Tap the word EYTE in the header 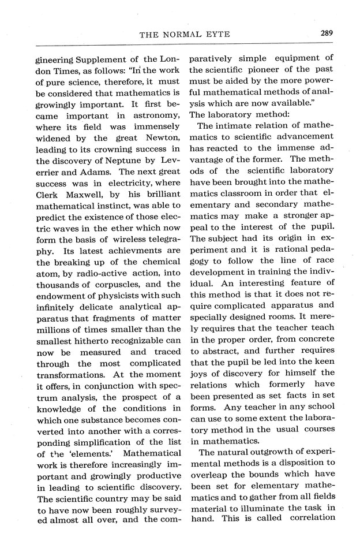[217, 35]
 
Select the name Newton [157, 138]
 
